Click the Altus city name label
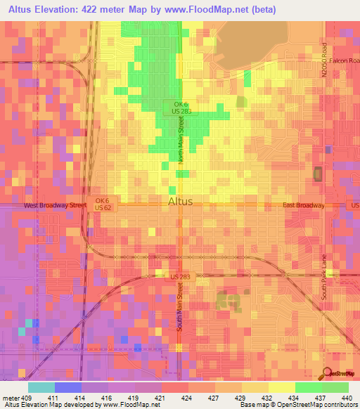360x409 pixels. (x=181, y=202)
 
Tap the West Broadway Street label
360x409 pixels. (x=55, y=206)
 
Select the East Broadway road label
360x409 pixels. (x=304, y=206)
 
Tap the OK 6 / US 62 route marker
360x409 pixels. (x=103, y=204)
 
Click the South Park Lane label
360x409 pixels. (x=325, y=277)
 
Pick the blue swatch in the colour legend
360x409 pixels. (x=68, y=387)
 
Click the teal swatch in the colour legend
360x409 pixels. (x=41, y=387)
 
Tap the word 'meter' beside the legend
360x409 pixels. (x=11, y=397)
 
